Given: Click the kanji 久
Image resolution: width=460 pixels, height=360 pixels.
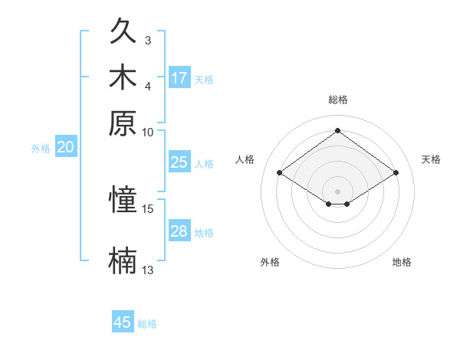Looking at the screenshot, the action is click(x=123, y=30).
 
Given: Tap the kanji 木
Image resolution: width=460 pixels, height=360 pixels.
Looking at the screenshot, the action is click(x=123, y=77).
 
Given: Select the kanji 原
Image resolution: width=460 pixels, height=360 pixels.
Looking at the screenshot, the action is click(x=123, y=123).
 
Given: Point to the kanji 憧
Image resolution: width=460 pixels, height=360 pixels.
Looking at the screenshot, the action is click(x=123, y=198).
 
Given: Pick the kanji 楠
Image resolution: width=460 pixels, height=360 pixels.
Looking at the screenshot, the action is click(x=123, y=260).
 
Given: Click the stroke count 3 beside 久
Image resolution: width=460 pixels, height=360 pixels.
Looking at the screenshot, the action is click(x=148, y=41).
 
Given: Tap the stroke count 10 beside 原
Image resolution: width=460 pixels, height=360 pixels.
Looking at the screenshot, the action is click(x=147, y=133).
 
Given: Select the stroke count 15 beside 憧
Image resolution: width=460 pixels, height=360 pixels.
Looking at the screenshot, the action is click(x=147, y=209).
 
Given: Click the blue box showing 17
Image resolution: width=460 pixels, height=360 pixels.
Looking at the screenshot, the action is click(x=179, y=77).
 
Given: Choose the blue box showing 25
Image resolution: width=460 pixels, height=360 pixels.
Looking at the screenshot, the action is click(x=179, y=162).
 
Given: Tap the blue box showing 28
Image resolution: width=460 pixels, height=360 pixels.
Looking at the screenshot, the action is click(x=179, y=230).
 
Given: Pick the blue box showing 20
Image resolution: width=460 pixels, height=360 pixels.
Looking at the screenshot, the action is click(x=66, y=146).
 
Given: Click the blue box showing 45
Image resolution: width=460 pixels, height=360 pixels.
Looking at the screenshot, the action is click(x=123, y=321).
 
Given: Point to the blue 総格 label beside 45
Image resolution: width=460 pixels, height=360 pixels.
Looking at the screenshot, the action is click(x=147, y=324).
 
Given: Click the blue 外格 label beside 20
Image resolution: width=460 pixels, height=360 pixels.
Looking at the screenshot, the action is click(x=41, y=149).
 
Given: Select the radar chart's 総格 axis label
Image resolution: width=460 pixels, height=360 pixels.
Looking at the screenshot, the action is click(x=338, y=100).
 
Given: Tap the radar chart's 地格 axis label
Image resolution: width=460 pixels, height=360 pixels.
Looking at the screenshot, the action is click(x=402, y=262).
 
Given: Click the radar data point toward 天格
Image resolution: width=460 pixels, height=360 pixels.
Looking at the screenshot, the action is click(x=396, y=172).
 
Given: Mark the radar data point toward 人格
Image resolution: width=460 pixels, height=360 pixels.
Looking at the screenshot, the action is click(x=280, y=172).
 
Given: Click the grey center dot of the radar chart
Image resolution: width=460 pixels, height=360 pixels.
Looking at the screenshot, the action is click(x=337, y=191).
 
